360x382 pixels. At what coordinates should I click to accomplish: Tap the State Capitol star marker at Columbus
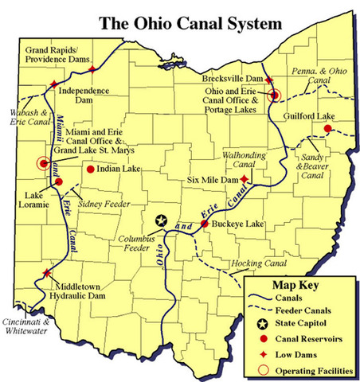(x=162, y=220)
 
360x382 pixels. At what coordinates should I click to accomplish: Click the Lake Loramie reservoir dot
(x=59, y=181)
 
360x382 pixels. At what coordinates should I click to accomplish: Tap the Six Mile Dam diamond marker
(x=244, y=180)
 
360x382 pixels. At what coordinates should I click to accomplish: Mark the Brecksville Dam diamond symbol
(x=270, y=80)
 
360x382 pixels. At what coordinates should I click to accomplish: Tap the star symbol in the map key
(x=260, y=324)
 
